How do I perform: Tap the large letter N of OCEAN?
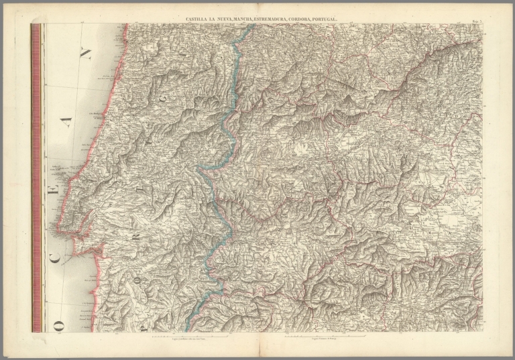click(85, 54)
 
